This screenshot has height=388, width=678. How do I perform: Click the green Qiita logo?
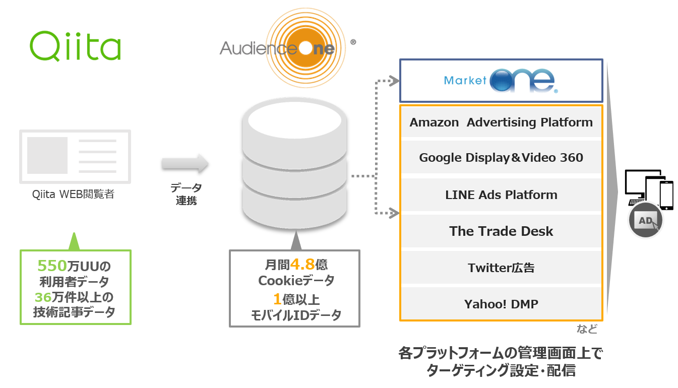pos(75,46)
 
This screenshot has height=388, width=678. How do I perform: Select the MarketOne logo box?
pos(501,81)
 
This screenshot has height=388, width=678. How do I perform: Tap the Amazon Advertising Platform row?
pos(501,122)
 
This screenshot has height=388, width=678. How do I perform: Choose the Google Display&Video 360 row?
pos(501,158)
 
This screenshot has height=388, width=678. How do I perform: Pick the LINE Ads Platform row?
pos(501,195)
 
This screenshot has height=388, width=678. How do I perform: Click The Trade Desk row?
pos(501,231)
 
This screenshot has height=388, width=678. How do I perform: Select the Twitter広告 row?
pos(501,268)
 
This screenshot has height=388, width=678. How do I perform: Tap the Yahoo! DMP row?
pos(501,304)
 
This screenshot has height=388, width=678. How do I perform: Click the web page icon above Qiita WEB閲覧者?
pos(75,157)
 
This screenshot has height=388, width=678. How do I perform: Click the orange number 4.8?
pos(302,265)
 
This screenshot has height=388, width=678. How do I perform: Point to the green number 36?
pos(43,296)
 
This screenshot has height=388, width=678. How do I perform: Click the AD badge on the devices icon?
pos(646,220)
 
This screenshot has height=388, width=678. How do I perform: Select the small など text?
pos(587,330)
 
